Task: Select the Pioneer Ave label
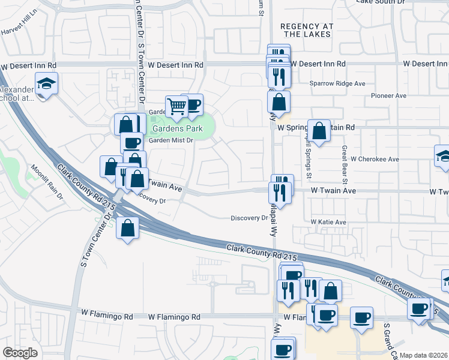389,95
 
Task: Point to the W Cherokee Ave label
375,159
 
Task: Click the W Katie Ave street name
328,222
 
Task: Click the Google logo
20,353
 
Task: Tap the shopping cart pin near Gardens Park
177,107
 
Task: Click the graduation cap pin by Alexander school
46,83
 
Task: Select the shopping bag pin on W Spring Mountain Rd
319,130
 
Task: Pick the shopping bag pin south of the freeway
128,228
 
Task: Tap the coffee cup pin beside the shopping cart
193,104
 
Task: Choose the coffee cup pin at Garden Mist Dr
131,143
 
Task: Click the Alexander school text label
15,94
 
